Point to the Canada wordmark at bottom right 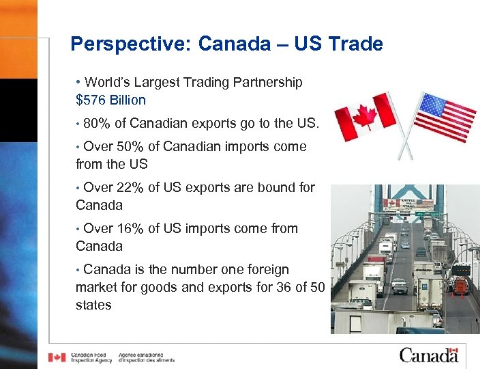click(428, 355)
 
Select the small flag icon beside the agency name click(57, 357)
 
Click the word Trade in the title click(355, 44)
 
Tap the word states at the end click(93, 305)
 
